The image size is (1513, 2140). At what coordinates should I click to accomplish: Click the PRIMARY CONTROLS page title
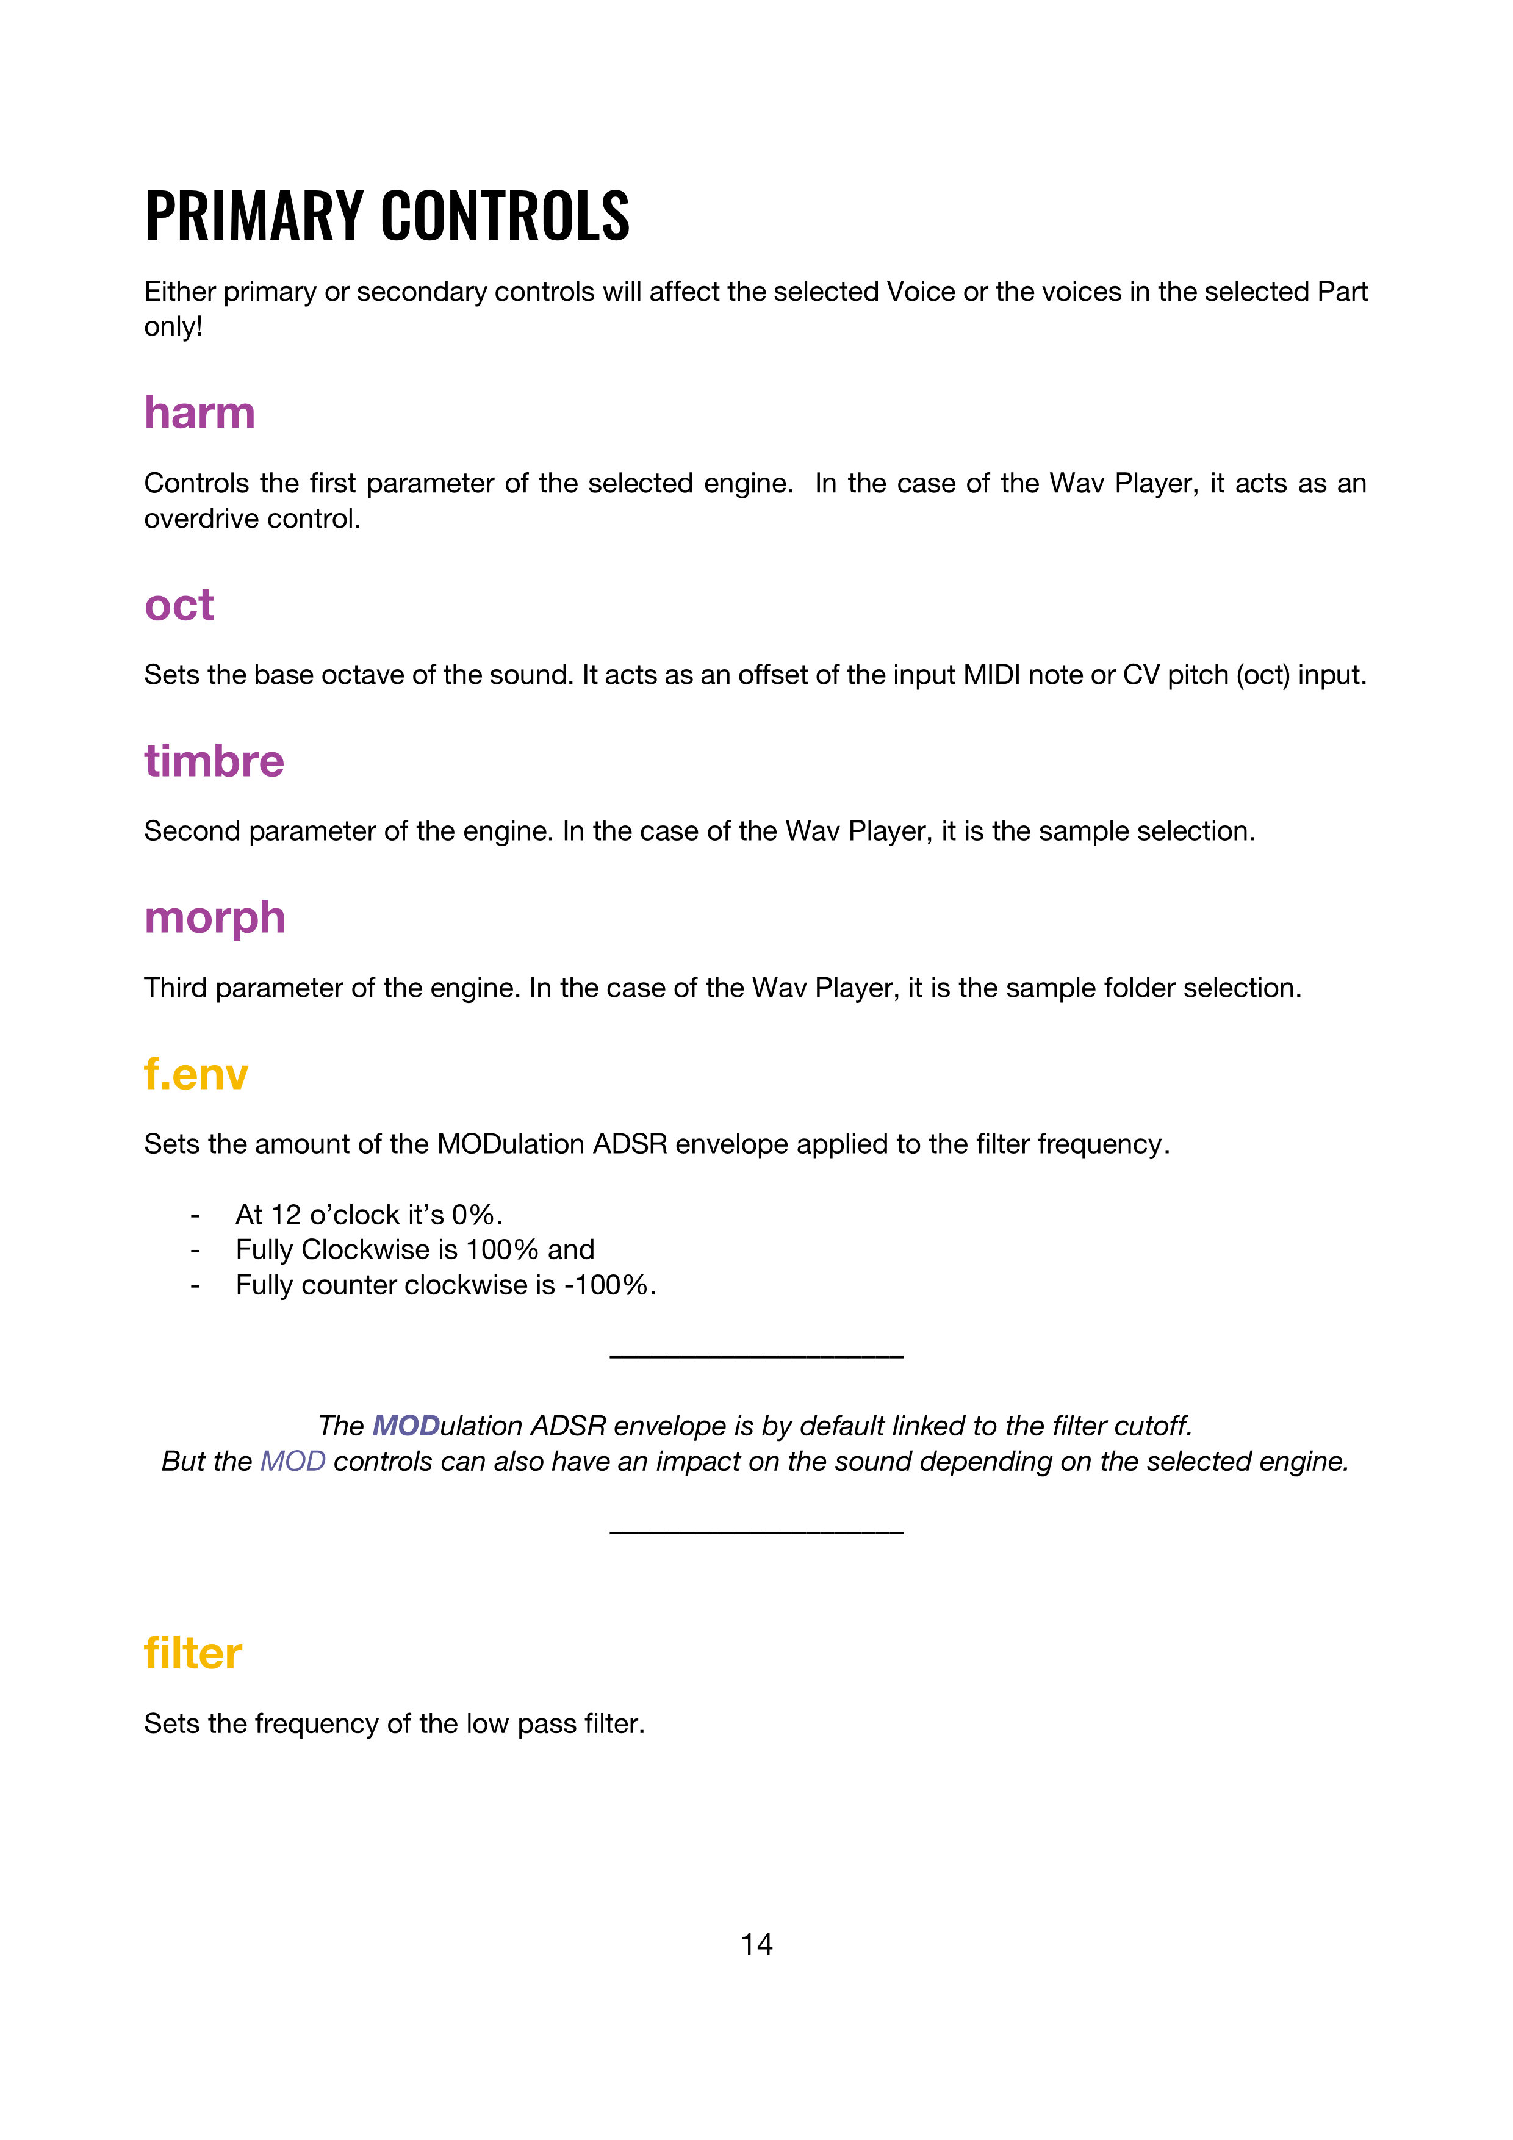(x=387, y=216)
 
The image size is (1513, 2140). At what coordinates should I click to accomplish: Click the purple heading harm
(x=199, y=413)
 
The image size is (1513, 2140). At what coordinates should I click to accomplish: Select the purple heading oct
(x=179, y=605)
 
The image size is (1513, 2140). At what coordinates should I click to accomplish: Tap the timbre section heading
(x=214, y=761)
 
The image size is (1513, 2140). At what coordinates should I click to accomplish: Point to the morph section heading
(x=214, y=918)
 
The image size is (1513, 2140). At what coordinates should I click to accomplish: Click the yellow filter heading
(x=193, y=1653)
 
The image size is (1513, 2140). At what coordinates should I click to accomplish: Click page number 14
(x=756, y=1944)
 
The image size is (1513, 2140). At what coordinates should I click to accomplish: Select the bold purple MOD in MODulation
(x=406, y=1426)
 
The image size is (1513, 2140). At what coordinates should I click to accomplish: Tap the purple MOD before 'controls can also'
(x=293, y=1462)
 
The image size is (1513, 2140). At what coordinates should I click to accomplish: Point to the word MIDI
(x=991, y=675)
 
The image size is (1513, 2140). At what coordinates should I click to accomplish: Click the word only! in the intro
(x=173, y=327)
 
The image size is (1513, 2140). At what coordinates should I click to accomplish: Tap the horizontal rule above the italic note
(x=756, y=1356)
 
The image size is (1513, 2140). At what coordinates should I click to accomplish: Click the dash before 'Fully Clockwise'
(x=195, y=1251)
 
